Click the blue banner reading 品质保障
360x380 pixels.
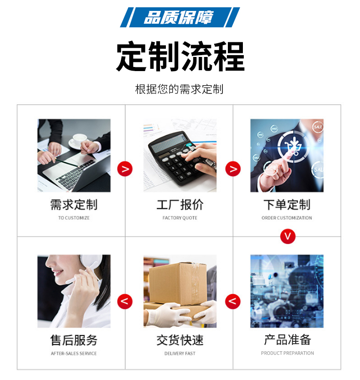(x=180, y=17)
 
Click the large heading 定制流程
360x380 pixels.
(x=180, y=56)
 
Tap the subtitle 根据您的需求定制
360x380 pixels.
(x=179, y=89)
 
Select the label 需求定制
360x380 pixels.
(x=74, y=205)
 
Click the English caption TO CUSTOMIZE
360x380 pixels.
(x=74, y=218)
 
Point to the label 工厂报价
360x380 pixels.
(x=180, y=205)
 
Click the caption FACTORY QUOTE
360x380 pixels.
(x=180, y=218)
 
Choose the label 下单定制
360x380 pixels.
(x=287, y=205)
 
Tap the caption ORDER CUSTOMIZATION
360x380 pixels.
(x=287, y=218)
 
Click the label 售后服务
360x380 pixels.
(x=74, y=340)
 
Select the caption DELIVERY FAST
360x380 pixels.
(x=180, y=353)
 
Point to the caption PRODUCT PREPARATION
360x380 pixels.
(x=287, y=353)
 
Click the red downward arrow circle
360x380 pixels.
(x=288, y=236)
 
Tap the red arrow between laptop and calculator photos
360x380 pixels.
(x=125, y=169)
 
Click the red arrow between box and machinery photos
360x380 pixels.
(x=233, y=302)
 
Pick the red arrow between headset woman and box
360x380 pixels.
(x=125, y=302)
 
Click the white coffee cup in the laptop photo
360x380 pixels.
(x=79, y=140)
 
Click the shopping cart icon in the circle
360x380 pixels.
(x=293, y=146)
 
